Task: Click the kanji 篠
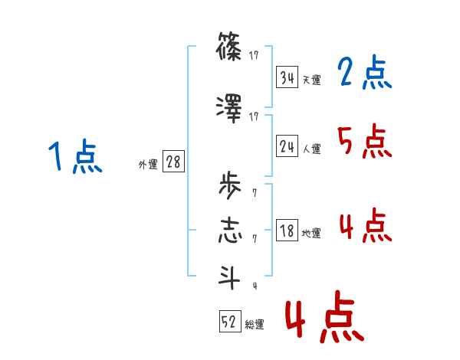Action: click(x=229, y=50)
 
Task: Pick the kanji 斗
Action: click(x=229, y=277)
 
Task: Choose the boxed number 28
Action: click(x=173, y=162)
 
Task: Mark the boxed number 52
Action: click(x=229, y=322)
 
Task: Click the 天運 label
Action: click(x=311, y=80)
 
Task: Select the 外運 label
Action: click(x=148, y=164)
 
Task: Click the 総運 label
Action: click(x=255, y=325)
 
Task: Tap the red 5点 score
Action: click(x=364, y=141)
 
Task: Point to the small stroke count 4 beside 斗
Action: click(x=254, y=286)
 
